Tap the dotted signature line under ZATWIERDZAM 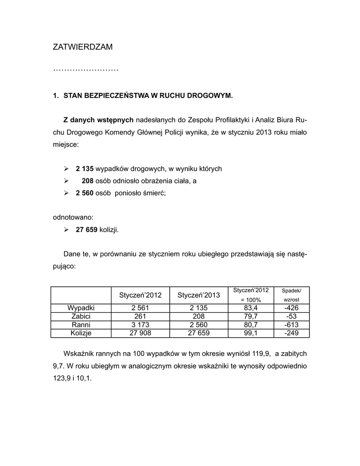[x=86, y=70]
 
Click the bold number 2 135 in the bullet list [x=85, y=169]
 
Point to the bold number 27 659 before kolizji [x=86, y=230]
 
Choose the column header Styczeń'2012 [x=140, y=295]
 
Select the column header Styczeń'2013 [x=198, y=295]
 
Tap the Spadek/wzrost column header [x=291, y=295]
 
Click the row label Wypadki [x=81, y=308]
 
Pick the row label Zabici [x=81, y=316]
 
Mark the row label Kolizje [x=81, y=333]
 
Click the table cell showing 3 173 [x=140, y=325]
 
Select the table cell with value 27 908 [x=140, y=333]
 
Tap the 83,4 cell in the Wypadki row [x=250, y=308]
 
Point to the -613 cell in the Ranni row [x=291, y=325]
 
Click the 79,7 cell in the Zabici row [x=250, y=316]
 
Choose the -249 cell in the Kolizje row [x=291, y=333]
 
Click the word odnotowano [x=73, y=218]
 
